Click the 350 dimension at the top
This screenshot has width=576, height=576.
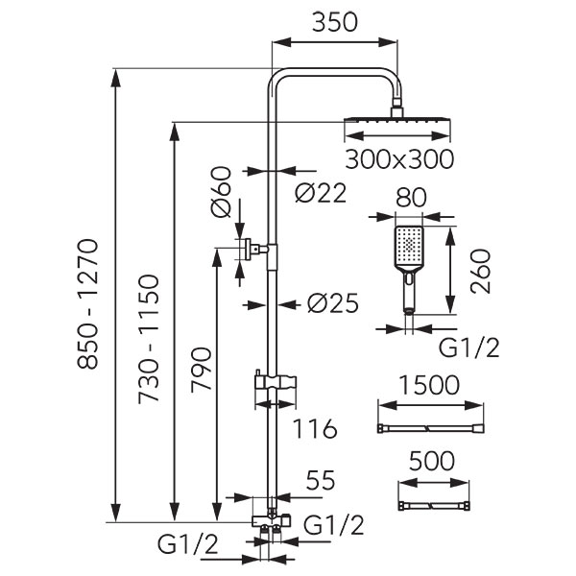[x=334, y=22]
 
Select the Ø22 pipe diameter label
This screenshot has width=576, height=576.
[x=321, y=193]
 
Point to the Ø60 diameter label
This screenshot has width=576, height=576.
[x=221, y=191]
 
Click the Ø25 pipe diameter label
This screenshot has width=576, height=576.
[x=332, y=303]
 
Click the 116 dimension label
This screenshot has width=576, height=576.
[x=317, y=428]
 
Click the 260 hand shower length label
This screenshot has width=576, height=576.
[x=480, y=275]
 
